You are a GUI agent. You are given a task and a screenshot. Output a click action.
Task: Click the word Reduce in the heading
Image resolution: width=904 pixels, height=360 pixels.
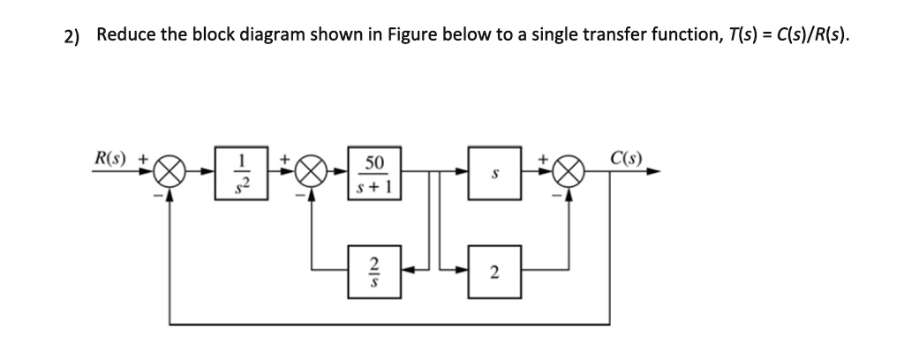[124, 35]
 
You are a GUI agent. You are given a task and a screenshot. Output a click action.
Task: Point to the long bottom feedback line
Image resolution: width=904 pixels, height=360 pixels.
[388, 324]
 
